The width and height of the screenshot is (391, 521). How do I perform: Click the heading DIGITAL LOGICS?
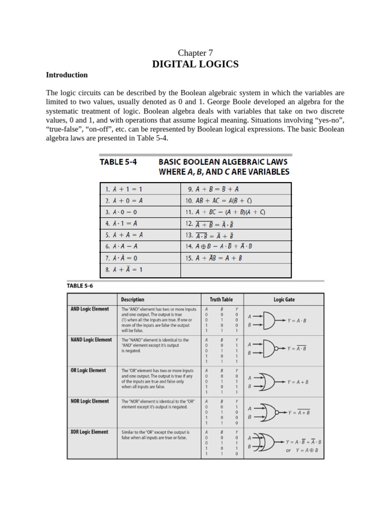coord(195,64)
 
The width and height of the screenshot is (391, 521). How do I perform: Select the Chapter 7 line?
coord(195,53)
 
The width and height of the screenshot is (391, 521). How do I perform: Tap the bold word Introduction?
coord(67,75)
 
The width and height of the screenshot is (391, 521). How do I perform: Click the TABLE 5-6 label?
coord(80,285)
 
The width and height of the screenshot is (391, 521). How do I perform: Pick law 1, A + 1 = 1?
coord(124,189)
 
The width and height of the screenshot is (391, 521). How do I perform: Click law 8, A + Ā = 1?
coord(124,270)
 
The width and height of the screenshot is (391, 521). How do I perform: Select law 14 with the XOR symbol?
coord(219,246)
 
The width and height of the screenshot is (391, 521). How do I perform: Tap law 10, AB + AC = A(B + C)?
coord(219,200)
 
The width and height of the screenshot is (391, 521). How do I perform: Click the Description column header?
coord(132,300)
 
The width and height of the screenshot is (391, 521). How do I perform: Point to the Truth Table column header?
coord(221,300)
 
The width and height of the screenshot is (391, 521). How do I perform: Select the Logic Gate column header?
coord(284,300)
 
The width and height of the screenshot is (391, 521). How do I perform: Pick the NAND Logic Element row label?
coord(91,340)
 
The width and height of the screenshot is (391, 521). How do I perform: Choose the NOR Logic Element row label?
coord(90,401)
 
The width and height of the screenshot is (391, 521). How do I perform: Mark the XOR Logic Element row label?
coord(89,432)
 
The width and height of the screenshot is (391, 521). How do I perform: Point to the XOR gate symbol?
coord(266,443)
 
